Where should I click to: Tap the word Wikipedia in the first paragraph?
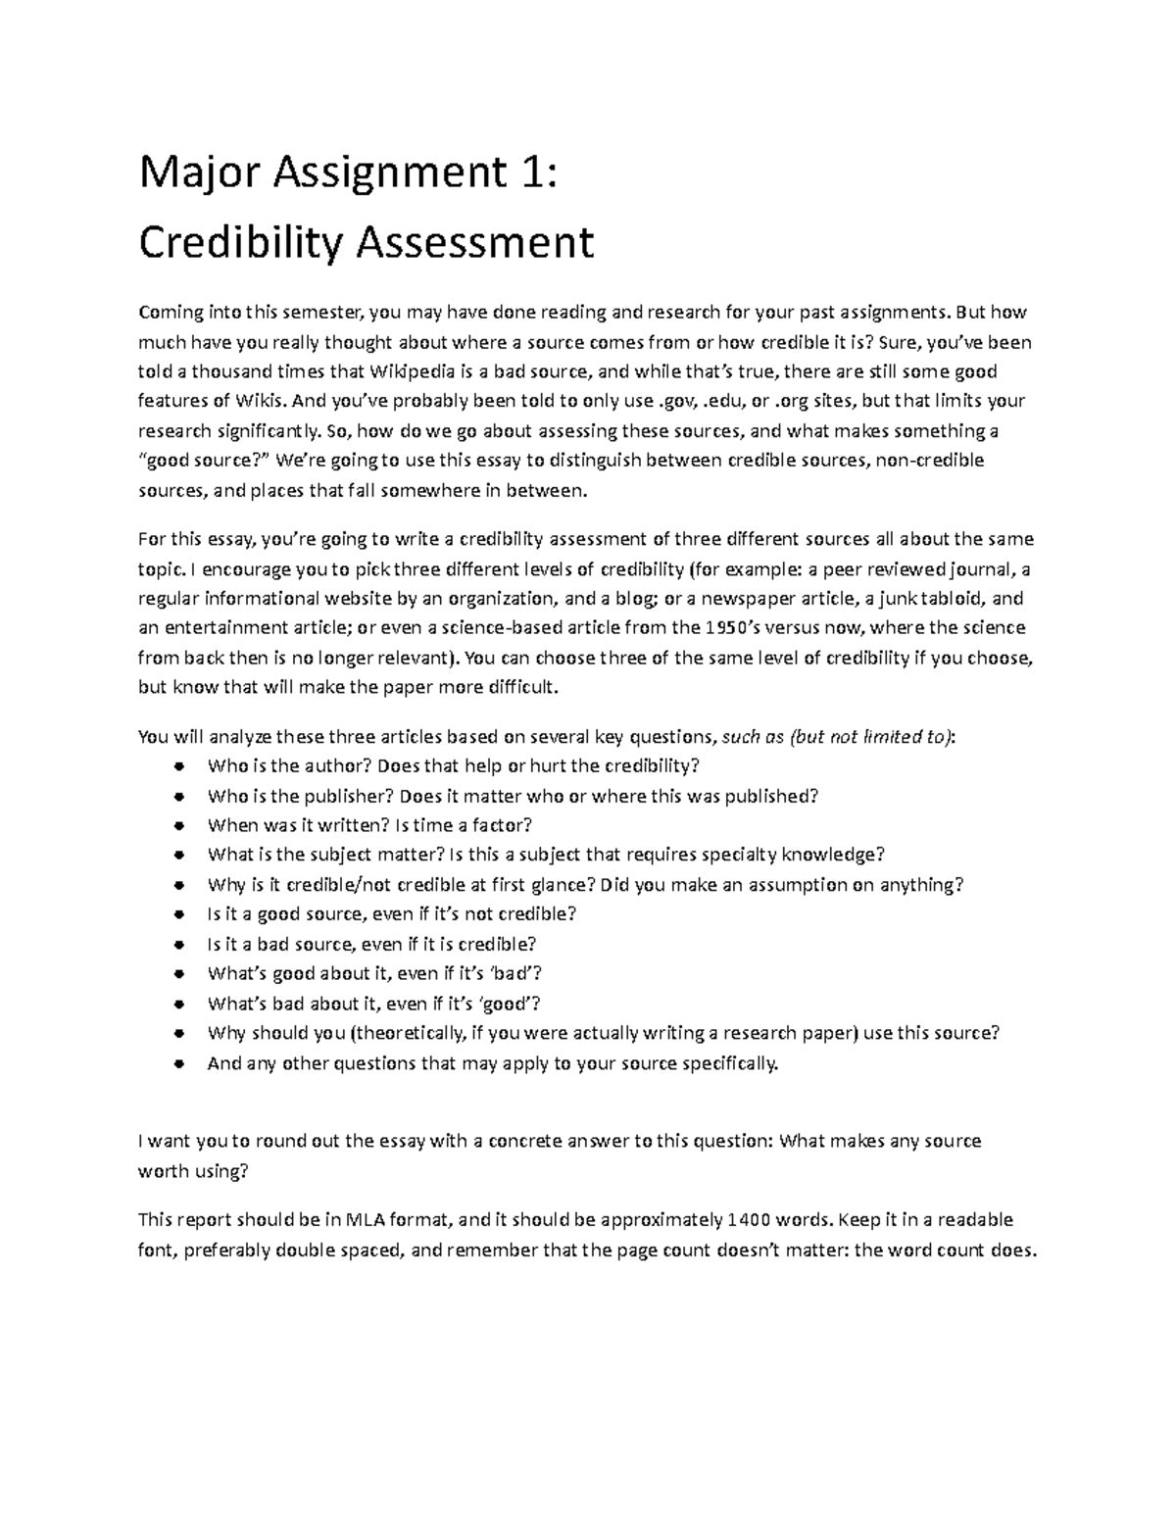click(412, 371)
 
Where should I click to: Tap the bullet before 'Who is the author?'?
click(177, 766)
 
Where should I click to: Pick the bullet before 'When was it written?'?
click(177, 826)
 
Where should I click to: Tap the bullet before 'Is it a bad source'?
click(177, 945)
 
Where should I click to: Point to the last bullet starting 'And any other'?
click(177, 1063)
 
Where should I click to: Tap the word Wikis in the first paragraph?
click(263, 401)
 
